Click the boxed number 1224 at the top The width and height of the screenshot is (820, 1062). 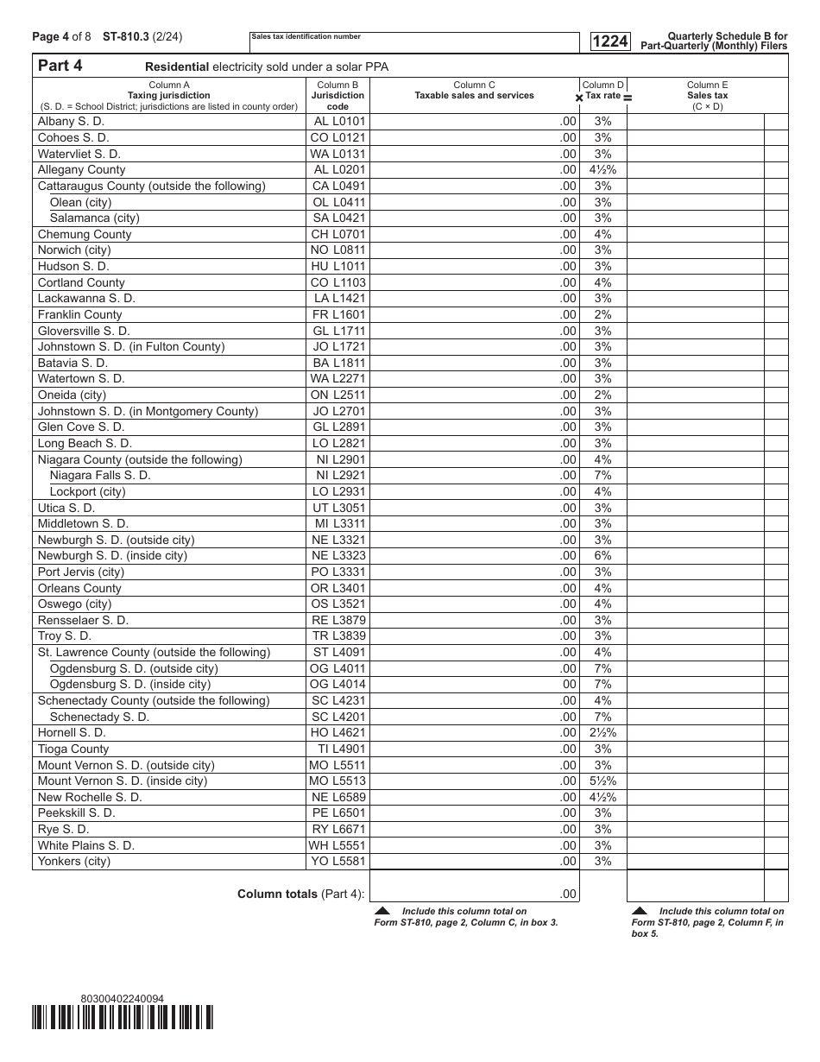click(609, 41)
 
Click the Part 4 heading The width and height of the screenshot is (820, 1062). click(60, 66)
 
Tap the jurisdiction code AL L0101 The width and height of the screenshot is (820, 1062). click(339, 122)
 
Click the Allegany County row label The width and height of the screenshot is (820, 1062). click(81, 170)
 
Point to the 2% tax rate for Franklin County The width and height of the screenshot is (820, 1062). click(602, 315)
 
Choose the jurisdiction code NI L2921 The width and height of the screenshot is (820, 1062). click(341, 476)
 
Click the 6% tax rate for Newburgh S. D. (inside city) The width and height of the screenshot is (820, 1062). click(602, 556)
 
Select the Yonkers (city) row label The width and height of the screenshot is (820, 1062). click(74, 862)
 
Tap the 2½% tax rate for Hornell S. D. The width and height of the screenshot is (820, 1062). click(602, 733)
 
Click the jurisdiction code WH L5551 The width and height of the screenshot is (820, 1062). click(337, 845)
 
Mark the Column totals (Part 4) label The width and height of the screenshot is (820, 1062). click(300, 894)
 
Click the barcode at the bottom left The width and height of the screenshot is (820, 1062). click(123, 1018)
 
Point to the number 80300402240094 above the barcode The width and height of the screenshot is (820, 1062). click(122, 999)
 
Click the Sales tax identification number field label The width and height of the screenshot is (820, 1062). click(306, 37)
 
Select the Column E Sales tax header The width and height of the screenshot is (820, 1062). click(707, 96)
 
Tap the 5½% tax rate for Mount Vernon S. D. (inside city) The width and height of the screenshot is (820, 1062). click(602, 781)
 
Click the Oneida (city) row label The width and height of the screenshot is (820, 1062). click(72, 395)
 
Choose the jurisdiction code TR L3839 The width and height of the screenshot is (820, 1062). click(339, 636)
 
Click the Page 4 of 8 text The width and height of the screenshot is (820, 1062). click(60, 36)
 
